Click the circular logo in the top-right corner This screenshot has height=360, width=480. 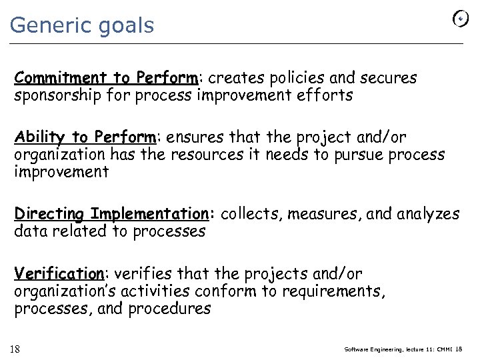coord(461,19)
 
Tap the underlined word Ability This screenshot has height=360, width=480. coord(40,138)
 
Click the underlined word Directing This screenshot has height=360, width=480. coord(50,215)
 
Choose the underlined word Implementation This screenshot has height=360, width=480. coord(149,215)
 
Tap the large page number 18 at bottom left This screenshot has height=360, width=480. coord(15,349)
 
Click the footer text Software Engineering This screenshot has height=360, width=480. coord(373,349)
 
